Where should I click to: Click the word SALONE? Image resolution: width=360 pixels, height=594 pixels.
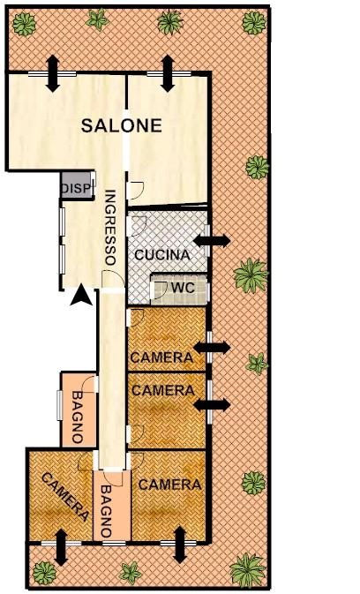tap(122, 125)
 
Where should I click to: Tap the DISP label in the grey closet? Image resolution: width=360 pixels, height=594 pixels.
tap(77, 188)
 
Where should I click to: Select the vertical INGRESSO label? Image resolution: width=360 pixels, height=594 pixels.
tap(109, 228)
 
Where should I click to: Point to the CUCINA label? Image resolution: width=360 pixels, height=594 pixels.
tap(162, 254)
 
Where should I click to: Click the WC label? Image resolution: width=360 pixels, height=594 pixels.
tap(183, 288)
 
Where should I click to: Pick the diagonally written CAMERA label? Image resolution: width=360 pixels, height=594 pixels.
tap(65, 497)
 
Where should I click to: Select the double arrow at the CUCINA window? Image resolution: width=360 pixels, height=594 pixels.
tap(211, 240)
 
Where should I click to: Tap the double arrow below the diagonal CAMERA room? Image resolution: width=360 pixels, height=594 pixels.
tap(61, 547)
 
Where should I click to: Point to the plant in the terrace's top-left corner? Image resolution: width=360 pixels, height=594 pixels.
tap(24, 24)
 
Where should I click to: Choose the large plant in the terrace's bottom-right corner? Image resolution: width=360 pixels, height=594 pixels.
tap(248, 570)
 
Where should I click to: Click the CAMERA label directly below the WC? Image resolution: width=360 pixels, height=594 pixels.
tap(161, 357)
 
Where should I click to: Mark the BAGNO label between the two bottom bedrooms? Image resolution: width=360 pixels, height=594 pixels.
tap(107, 511)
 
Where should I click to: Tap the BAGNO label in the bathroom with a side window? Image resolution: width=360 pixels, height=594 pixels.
tap(78, 417)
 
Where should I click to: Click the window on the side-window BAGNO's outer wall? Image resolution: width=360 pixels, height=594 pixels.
tap(59, 405)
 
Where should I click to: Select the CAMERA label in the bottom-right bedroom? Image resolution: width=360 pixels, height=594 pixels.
tap(169, 485)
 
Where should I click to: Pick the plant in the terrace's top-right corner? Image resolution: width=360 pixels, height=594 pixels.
tap(254, 23)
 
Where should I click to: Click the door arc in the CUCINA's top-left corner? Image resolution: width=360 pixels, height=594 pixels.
tap(138, 224)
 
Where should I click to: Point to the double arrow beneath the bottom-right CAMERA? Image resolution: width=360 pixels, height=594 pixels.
tap(180, 545)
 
